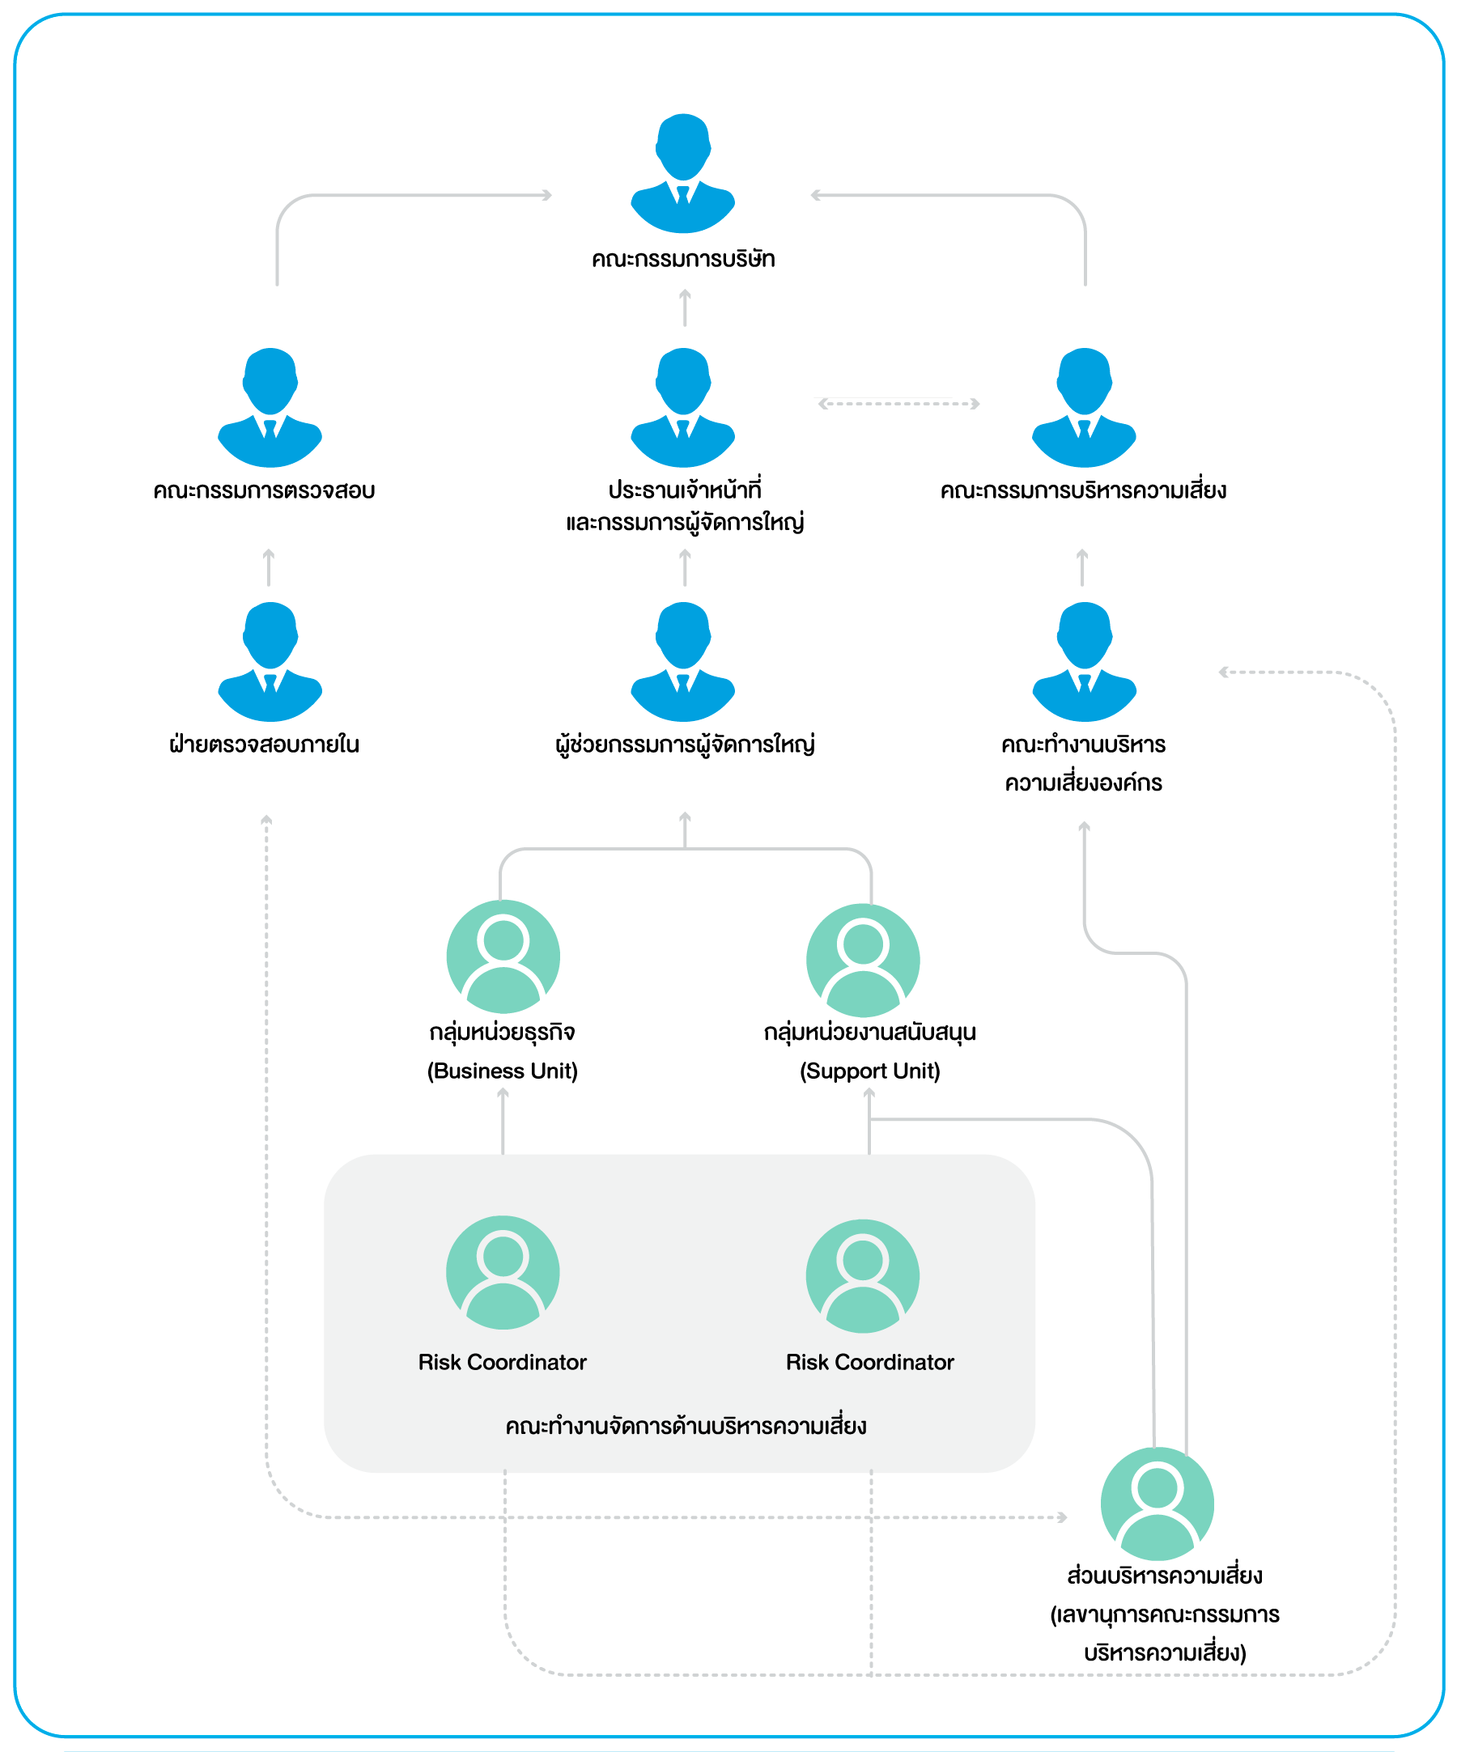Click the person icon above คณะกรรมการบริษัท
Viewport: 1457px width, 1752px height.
682,172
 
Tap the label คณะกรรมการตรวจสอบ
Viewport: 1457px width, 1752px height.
264,490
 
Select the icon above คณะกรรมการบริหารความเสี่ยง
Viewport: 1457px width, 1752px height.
1084,407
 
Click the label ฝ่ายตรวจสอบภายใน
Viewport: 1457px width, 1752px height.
264,744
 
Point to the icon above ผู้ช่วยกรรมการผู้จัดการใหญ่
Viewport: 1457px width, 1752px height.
682,662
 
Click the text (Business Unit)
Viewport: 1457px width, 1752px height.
503,1071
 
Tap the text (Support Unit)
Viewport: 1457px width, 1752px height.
869,1071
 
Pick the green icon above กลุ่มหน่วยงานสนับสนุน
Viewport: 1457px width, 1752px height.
863,961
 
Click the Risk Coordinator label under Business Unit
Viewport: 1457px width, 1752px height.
503,1363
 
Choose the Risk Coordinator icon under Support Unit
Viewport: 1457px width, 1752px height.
863,1276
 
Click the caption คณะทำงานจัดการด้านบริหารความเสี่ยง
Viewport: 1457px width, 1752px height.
686,1425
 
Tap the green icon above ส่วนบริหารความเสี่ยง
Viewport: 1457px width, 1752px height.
1158,1504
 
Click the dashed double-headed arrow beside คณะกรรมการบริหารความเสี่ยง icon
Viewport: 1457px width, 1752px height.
898,404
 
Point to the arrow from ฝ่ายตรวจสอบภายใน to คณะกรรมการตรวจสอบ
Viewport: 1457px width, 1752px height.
269,567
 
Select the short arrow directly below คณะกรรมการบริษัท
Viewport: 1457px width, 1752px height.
685,307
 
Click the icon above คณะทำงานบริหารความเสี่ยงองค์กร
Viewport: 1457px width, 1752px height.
1084,662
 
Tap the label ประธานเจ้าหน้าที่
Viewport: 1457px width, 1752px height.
684,490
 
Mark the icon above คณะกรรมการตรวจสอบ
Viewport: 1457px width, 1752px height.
270,407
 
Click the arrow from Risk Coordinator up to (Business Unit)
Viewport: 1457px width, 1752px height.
503,1122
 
